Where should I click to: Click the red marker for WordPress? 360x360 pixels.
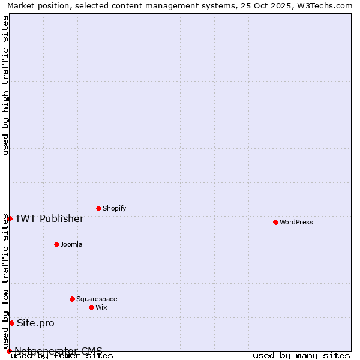[275, 222]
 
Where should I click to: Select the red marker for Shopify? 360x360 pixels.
[98, 208]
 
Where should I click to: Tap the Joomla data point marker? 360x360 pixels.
[56, 244]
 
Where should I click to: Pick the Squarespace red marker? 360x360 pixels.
[72, 299]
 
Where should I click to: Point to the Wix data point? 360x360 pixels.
[91, 307]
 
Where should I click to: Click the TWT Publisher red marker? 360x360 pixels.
[10, 218]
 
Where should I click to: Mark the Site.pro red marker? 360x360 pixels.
[11, 323]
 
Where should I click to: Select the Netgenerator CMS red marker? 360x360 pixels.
[9, 351]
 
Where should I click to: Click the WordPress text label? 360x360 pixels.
[296, 222]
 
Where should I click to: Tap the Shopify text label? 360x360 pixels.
[115, 208]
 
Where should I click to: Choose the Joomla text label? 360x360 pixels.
[71, 244]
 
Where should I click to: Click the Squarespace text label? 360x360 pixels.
[97, 299]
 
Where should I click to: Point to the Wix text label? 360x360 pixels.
[101, 307]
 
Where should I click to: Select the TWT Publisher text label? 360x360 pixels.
[49, 218]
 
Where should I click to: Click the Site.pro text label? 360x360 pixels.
[35, 323]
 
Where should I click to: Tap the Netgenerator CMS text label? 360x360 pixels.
[58, 351]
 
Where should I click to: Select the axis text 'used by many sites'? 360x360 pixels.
[301, 355]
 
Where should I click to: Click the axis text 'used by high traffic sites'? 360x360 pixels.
[6, 85]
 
